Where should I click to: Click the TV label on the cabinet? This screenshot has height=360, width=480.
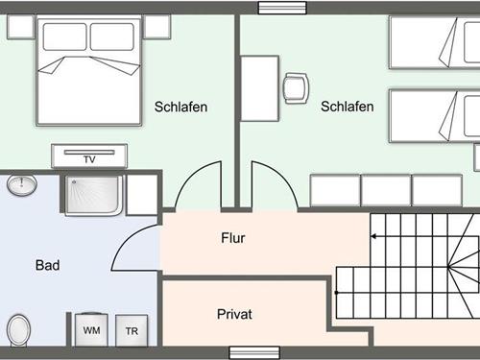[x=89, y=159]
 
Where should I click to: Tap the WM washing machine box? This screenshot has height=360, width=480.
[x=92, y=330]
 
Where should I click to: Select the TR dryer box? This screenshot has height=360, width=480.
[x=131, y=330]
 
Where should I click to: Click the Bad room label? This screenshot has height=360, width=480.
[x=48, y=265]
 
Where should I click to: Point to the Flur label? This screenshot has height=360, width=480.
[x=234, y=238]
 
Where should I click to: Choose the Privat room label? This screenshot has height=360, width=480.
[x=234, y=314]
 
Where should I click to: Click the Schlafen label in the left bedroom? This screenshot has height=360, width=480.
[x=180, y=107]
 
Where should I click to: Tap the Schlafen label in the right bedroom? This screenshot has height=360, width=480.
[x=348, y=107]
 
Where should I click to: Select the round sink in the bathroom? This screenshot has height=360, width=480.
[x=21, y=185]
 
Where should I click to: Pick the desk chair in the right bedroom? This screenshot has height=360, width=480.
[x=296, y=88]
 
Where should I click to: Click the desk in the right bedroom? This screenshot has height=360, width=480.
[x=259, y=88]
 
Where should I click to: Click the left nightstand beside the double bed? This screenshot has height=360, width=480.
[x=20, y=26]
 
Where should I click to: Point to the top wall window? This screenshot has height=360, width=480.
[x=278, y=8]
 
